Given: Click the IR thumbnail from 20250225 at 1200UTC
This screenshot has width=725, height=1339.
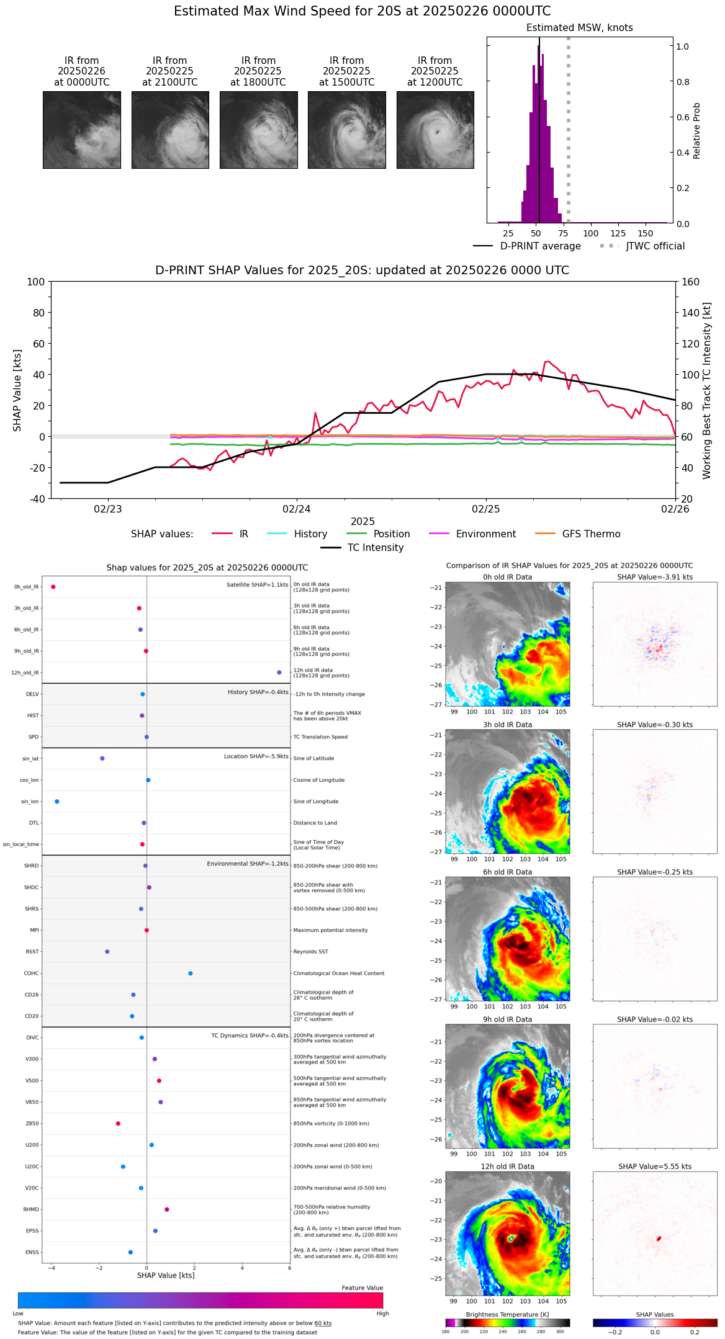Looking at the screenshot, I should click(x=435, y=130).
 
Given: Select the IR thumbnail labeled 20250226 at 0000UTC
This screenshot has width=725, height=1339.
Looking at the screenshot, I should click(x=82, y=130).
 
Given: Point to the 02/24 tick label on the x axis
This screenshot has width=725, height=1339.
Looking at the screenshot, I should click(x=297, y=509).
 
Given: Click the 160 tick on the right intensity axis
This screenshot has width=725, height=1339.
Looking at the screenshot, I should click(x=691, y=282).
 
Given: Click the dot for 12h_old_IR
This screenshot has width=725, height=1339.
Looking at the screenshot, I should click(x=279, y=673).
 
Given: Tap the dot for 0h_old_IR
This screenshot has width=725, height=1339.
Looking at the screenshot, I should click(x=53, y=587).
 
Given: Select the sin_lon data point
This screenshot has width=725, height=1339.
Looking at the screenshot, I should click(x=57, y=802).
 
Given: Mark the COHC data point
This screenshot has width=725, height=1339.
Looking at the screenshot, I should click(x=191, y=974).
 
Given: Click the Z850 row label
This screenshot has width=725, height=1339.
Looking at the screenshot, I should click(x=32, y=1124).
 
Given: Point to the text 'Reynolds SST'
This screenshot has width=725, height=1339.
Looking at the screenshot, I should click(x=311, y=952).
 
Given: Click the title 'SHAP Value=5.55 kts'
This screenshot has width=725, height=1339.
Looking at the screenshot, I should click(x=655, y=1167).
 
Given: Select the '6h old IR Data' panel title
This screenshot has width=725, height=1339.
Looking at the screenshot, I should click(x=507, y=872).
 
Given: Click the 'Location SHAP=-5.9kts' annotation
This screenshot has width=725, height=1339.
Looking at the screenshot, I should click(x=256, y=756).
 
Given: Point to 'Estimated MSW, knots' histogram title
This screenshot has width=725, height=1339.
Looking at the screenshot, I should click(x=580, y=28).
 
